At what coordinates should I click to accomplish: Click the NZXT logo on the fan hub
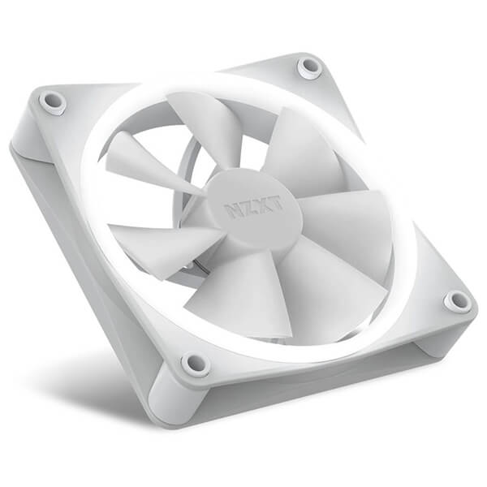point(254,206)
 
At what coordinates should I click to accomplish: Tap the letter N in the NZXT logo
point(233,211)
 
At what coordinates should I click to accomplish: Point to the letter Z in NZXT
point(248,208)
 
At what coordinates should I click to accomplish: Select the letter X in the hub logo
point(262,205)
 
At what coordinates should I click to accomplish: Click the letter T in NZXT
point(276,201)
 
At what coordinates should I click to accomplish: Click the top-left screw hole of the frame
point(52,101)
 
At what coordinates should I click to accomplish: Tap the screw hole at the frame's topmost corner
point(308,67)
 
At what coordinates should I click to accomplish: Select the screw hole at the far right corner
point(457,300)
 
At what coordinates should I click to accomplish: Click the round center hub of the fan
point(255,207)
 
